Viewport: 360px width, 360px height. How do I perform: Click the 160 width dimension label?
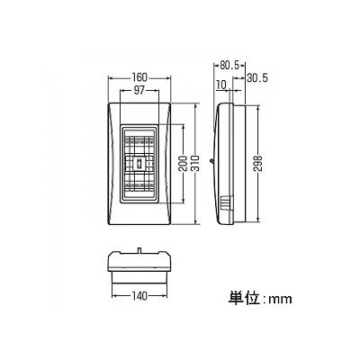[x=139, y=77]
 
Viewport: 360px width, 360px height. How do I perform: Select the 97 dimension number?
[x=139, y=90]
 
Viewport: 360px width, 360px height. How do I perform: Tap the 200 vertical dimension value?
[x=184, y=163]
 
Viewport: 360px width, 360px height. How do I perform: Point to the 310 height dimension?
[x=195, y=163]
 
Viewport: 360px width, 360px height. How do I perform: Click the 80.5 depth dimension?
[x=229, y=65]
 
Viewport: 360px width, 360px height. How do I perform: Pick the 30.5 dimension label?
[x=257, y=78]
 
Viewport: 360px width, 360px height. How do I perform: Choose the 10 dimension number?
[x=220, y=85]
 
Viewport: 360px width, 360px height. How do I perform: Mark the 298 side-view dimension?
[x=258, y=163]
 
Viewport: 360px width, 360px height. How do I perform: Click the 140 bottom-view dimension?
[x=139, y=296]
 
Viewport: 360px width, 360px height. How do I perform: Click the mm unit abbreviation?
[x=280, y=300]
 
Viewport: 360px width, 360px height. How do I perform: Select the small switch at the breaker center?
[x=139, y=164]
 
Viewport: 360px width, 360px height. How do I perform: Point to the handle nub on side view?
[x=211, y=161]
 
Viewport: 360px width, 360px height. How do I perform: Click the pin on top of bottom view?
[x=139, y=249]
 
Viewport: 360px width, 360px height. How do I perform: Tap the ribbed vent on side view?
[x=227, y=204]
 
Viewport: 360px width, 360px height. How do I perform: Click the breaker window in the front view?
[x=139, y=164]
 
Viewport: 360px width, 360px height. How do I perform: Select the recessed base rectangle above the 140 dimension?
[x=139, y=277]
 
